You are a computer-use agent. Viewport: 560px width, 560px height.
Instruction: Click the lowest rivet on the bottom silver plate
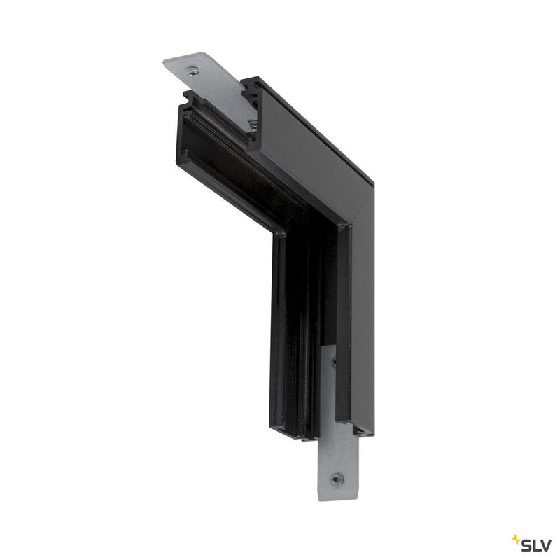pos(337,479)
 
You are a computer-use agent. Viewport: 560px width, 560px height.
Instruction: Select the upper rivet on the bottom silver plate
pos(333,363)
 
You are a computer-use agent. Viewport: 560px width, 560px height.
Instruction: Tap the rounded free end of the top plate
pos(168,65)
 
